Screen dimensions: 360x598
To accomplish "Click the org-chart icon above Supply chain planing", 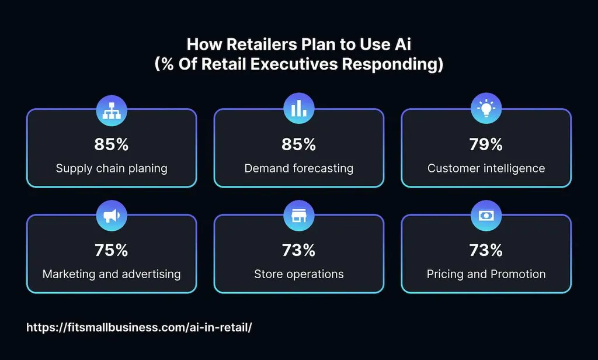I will coord(111,109).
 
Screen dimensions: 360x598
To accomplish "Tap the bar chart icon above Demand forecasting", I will coord(298,109).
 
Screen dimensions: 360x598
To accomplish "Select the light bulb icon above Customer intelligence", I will coord(486,109).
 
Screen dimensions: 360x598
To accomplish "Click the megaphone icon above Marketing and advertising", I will coord(111,216).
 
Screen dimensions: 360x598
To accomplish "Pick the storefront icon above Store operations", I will coord(298,216).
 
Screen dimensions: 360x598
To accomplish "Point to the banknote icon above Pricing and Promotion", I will coord(486,216).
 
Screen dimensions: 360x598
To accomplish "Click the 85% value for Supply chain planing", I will coord(111,144).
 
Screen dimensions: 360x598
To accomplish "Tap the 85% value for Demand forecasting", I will coord(298,144).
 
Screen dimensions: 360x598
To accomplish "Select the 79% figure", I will coord(486,144).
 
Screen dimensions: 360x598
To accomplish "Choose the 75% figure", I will coord(111,250).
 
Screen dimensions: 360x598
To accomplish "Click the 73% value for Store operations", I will coord(298,250).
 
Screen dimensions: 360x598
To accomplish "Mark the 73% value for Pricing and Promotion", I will coord(486,250).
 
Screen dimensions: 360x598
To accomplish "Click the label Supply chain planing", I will coord(111,168).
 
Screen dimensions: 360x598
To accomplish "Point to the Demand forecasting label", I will coord(298,168).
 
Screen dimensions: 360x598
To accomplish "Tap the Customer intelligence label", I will coord(486,168).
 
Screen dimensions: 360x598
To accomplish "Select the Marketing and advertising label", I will coord(111,274).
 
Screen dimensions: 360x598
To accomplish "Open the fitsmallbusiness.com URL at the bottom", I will coord(139,327).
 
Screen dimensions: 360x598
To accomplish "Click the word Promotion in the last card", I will coord(518,274).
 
